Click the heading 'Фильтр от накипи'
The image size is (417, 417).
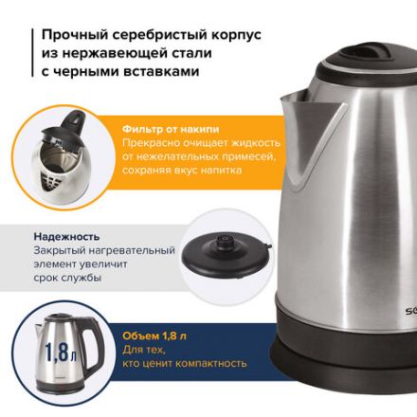pos(171,128)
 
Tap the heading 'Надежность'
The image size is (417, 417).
pos(66,236)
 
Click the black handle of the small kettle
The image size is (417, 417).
pos(92,352)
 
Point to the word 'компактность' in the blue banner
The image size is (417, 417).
pos(202,363)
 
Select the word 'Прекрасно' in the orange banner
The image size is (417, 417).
pos(151,142)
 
